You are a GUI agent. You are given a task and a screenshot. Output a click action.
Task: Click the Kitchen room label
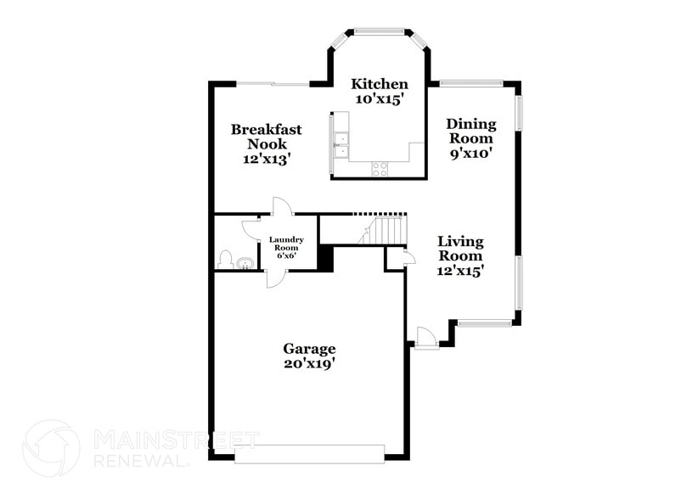[x=380, y=84]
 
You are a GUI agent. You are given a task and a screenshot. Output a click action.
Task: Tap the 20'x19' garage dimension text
[x=309, y=364]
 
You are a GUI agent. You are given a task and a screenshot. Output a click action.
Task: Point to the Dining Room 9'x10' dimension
[x=471, y=154]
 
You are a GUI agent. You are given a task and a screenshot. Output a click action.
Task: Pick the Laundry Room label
[x=286, y=244]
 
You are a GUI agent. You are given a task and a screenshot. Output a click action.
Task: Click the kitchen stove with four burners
[x=380, y=169]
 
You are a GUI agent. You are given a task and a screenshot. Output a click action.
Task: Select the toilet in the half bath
[x=226, y=260]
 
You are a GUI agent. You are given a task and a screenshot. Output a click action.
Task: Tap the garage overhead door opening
[x=309, y=456]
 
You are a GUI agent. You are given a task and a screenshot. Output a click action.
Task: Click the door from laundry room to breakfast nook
[x=282, y=206]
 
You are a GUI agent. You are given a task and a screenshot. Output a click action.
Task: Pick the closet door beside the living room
[x=408, y=258]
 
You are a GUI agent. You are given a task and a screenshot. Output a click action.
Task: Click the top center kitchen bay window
[x=380, y=31]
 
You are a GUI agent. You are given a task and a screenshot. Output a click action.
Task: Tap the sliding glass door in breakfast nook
[x=272, y=83]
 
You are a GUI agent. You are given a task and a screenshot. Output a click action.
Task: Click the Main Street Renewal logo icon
[x=51, y=448]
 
